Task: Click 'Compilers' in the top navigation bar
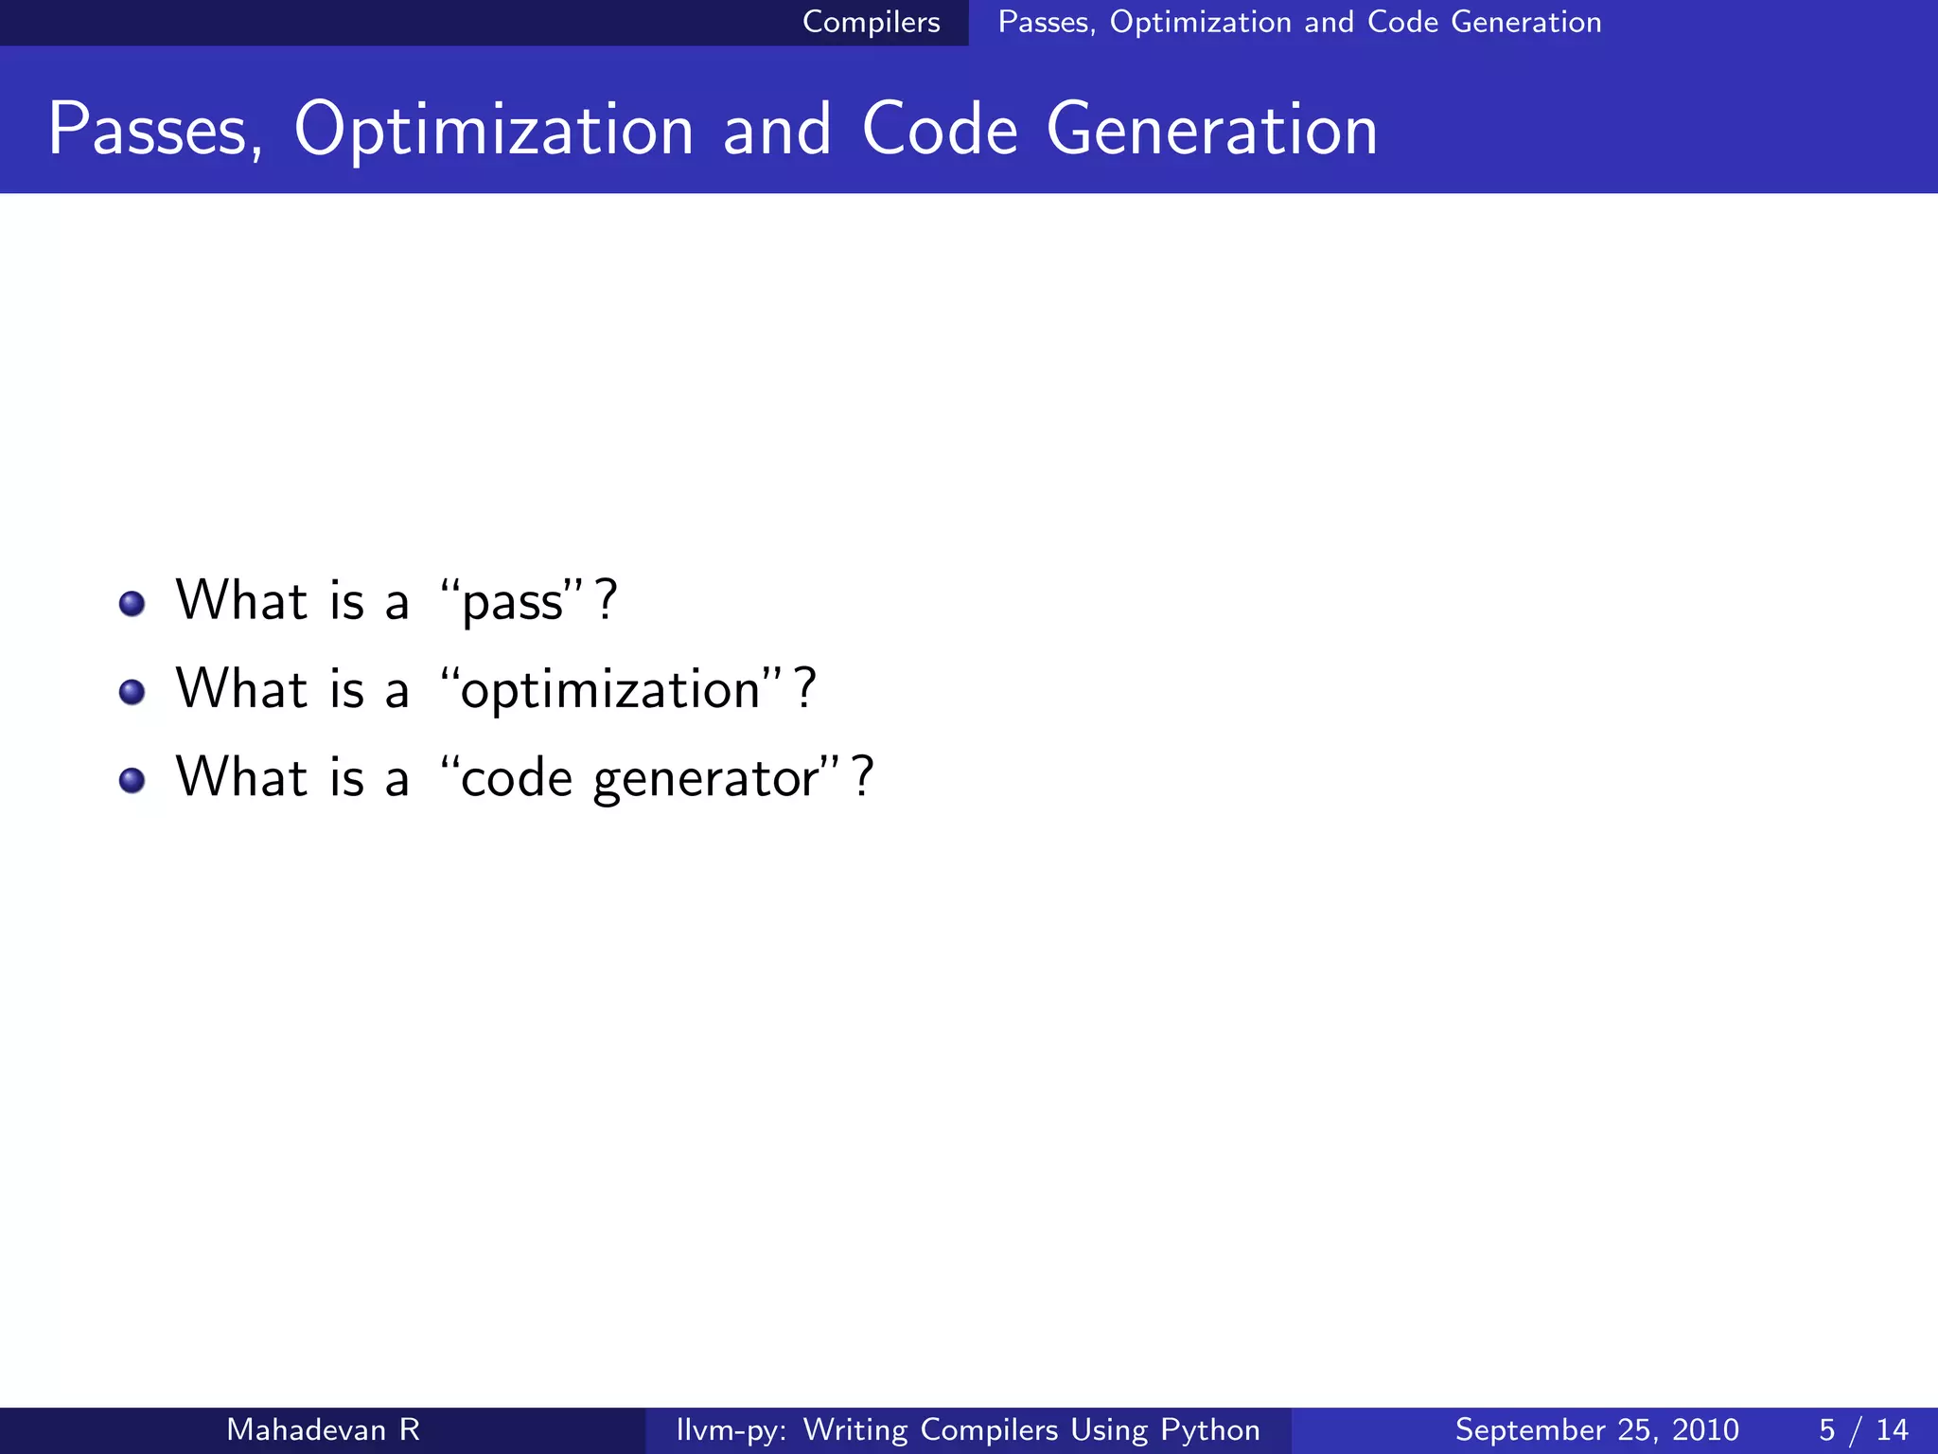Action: coord(871,22)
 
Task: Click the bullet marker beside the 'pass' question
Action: coord(132,604)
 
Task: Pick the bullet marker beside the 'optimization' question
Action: coord(132,692)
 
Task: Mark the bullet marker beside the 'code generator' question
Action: coord(132,781)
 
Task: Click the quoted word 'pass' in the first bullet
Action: coord(512,602)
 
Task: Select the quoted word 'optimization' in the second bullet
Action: coord(610,690)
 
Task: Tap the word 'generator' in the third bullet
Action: coord(706,780)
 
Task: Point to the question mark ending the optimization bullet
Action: coord(804,689)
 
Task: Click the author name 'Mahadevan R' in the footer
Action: coord(323,1429)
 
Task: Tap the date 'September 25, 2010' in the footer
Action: coord(1596,1429)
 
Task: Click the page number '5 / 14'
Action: coord(1862,1429)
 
